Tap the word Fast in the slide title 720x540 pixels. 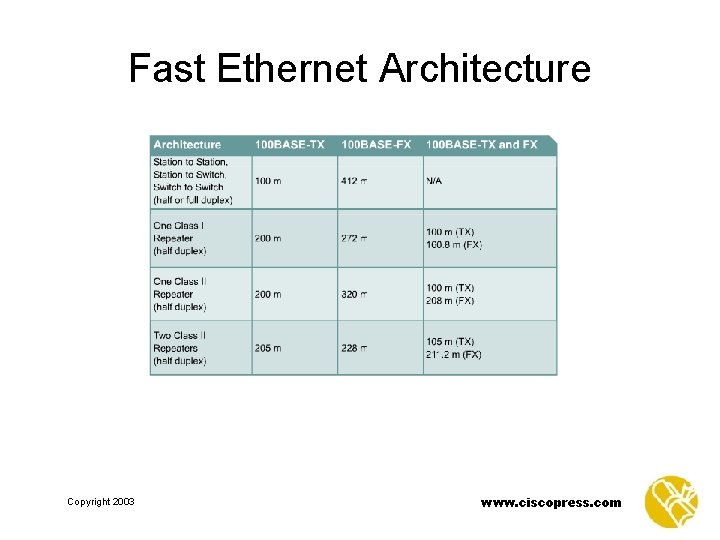click(x=166, y=68)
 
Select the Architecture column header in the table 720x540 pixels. click(x=187, y=145)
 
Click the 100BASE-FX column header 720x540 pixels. click(x=376, y=145)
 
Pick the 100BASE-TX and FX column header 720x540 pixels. click(x=481, y=145)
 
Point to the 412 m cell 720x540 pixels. click(x=354, y=181)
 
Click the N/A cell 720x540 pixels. click(x=435, y=181)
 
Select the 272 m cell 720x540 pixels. click(x=354, y=238)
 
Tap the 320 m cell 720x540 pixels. click(x=354, y=294)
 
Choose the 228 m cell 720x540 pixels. click(x=354, y=348)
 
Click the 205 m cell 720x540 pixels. click(x=268, y=348)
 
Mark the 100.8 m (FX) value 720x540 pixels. click(x=453, y=245)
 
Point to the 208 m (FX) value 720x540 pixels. click(x=450, y=301)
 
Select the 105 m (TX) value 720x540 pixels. click(x=450, y=342)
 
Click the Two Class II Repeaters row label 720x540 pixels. click(x=180, y=348)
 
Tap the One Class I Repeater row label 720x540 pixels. click(x=179, y=238)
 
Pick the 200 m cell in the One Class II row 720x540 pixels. click(x=268, y=294)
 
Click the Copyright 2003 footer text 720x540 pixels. click(x=100, y=502)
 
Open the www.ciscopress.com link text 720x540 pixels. click(x=550, y=502)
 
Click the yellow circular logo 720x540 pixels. click(x=671, y=501)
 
